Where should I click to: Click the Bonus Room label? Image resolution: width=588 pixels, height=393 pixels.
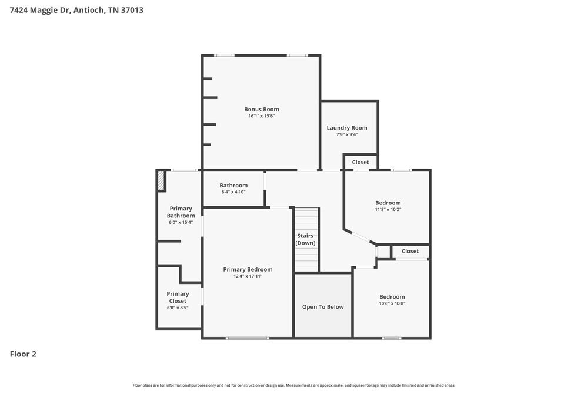(262, 109)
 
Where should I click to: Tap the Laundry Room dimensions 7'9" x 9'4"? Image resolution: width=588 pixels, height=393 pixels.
(347, 134)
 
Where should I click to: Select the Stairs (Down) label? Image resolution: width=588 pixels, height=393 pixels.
(305, 239)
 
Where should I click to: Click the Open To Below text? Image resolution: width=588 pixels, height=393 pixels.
(323, 307)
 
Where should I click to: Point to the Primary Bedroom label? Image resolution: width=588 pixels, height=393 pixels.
(248, 269)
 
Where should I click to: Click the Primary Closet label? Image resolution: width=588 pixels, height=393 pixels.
(178, 297)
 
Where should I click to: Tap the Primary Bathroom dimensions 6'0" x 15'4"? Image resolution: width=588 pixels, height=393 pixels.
(181, 222)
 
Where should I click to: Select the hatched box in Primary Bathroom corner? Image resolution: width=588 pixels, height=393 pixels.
(161, 180)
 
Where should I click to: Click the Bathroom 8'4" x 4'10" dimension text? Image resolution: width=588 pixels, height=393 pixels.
(233, 192)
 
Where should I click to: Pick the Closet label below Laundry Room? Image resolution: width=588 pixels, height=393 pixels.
(360, 162)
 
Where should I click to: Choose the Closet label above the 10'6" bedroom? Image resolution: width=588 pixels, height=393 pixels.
(410, 251)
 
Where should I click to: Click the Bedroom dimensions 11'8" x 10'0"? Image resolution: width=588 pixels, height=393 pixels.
(388, 209)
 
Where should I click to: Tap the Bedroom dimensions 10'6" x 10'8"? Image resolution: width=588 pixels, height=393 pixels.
(392, 303)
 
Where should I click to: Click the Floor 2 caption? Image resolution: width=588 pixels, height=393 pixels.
(23, 354)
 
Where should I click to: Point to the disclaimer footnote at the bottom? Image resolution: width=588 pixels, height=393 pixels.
(294, 385)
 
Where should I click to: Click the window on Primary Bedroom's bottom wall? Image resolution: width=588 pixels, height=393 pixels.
(248, 338)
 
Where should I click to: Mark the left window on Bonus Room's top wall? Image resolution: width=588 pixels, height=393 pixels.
(224, 55)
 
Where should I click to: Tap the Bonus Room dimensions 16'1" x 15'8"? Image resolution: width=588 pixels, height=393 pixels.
(262, 116)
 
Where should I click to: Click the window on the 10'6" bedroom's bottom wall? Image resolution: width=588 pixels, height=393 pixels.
(392, 338)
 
